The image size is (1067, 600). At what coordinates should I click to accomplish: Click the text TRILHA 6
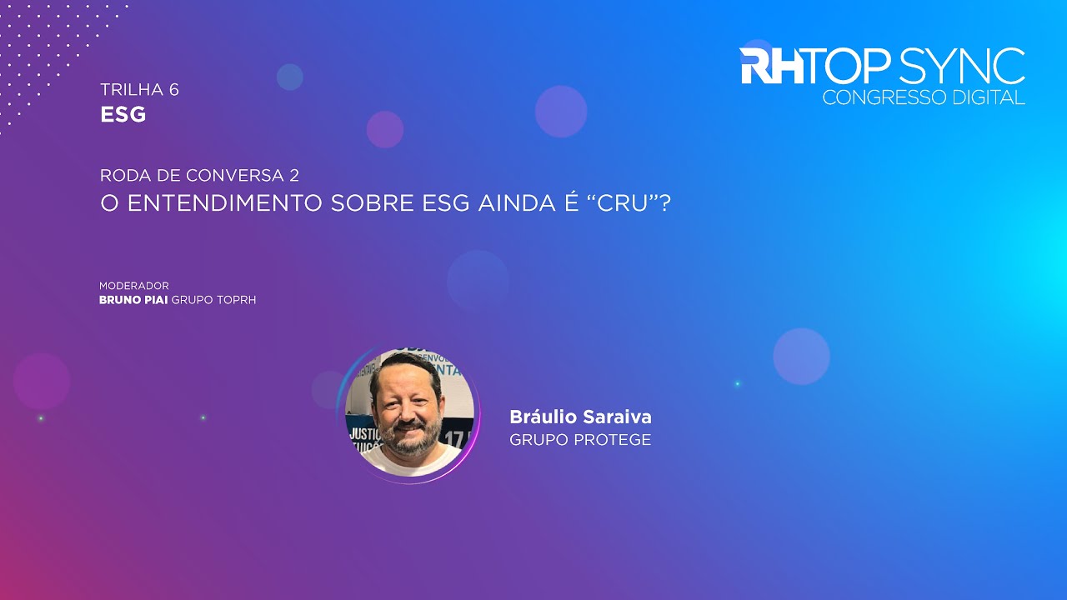pos(139,90)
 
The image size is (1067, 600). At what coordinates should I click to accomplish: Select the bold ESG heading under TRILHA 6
pos(123,115)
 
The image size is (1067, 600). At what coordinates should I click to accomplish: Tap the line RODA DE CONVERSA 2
pos(199,176)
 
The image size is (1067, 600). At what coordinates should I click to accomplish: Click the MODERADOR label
pos(134,286)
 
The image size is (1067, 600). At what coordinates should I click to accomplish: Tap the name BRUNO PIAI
pos(133,300)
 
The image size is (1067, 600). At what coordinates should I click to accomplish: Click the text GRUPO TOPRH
pos(213,300)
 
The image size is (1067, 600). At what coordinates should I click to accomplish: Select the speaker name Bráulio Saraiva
pos(580,417)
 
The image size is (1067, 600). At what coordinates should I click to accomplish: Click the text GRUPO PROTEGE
pos(580,440)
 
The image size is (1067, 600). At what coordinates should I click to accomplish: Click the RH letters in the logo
pos(772,67)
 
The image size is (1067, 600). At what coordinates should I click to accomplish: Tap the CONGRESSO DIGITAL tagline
pos(924,97)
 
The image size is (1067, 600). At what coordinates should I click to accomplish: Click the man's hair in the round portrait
pos(408,364)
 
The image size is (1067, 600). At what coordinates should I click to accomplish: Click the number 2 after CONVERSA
pos(294,176)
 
